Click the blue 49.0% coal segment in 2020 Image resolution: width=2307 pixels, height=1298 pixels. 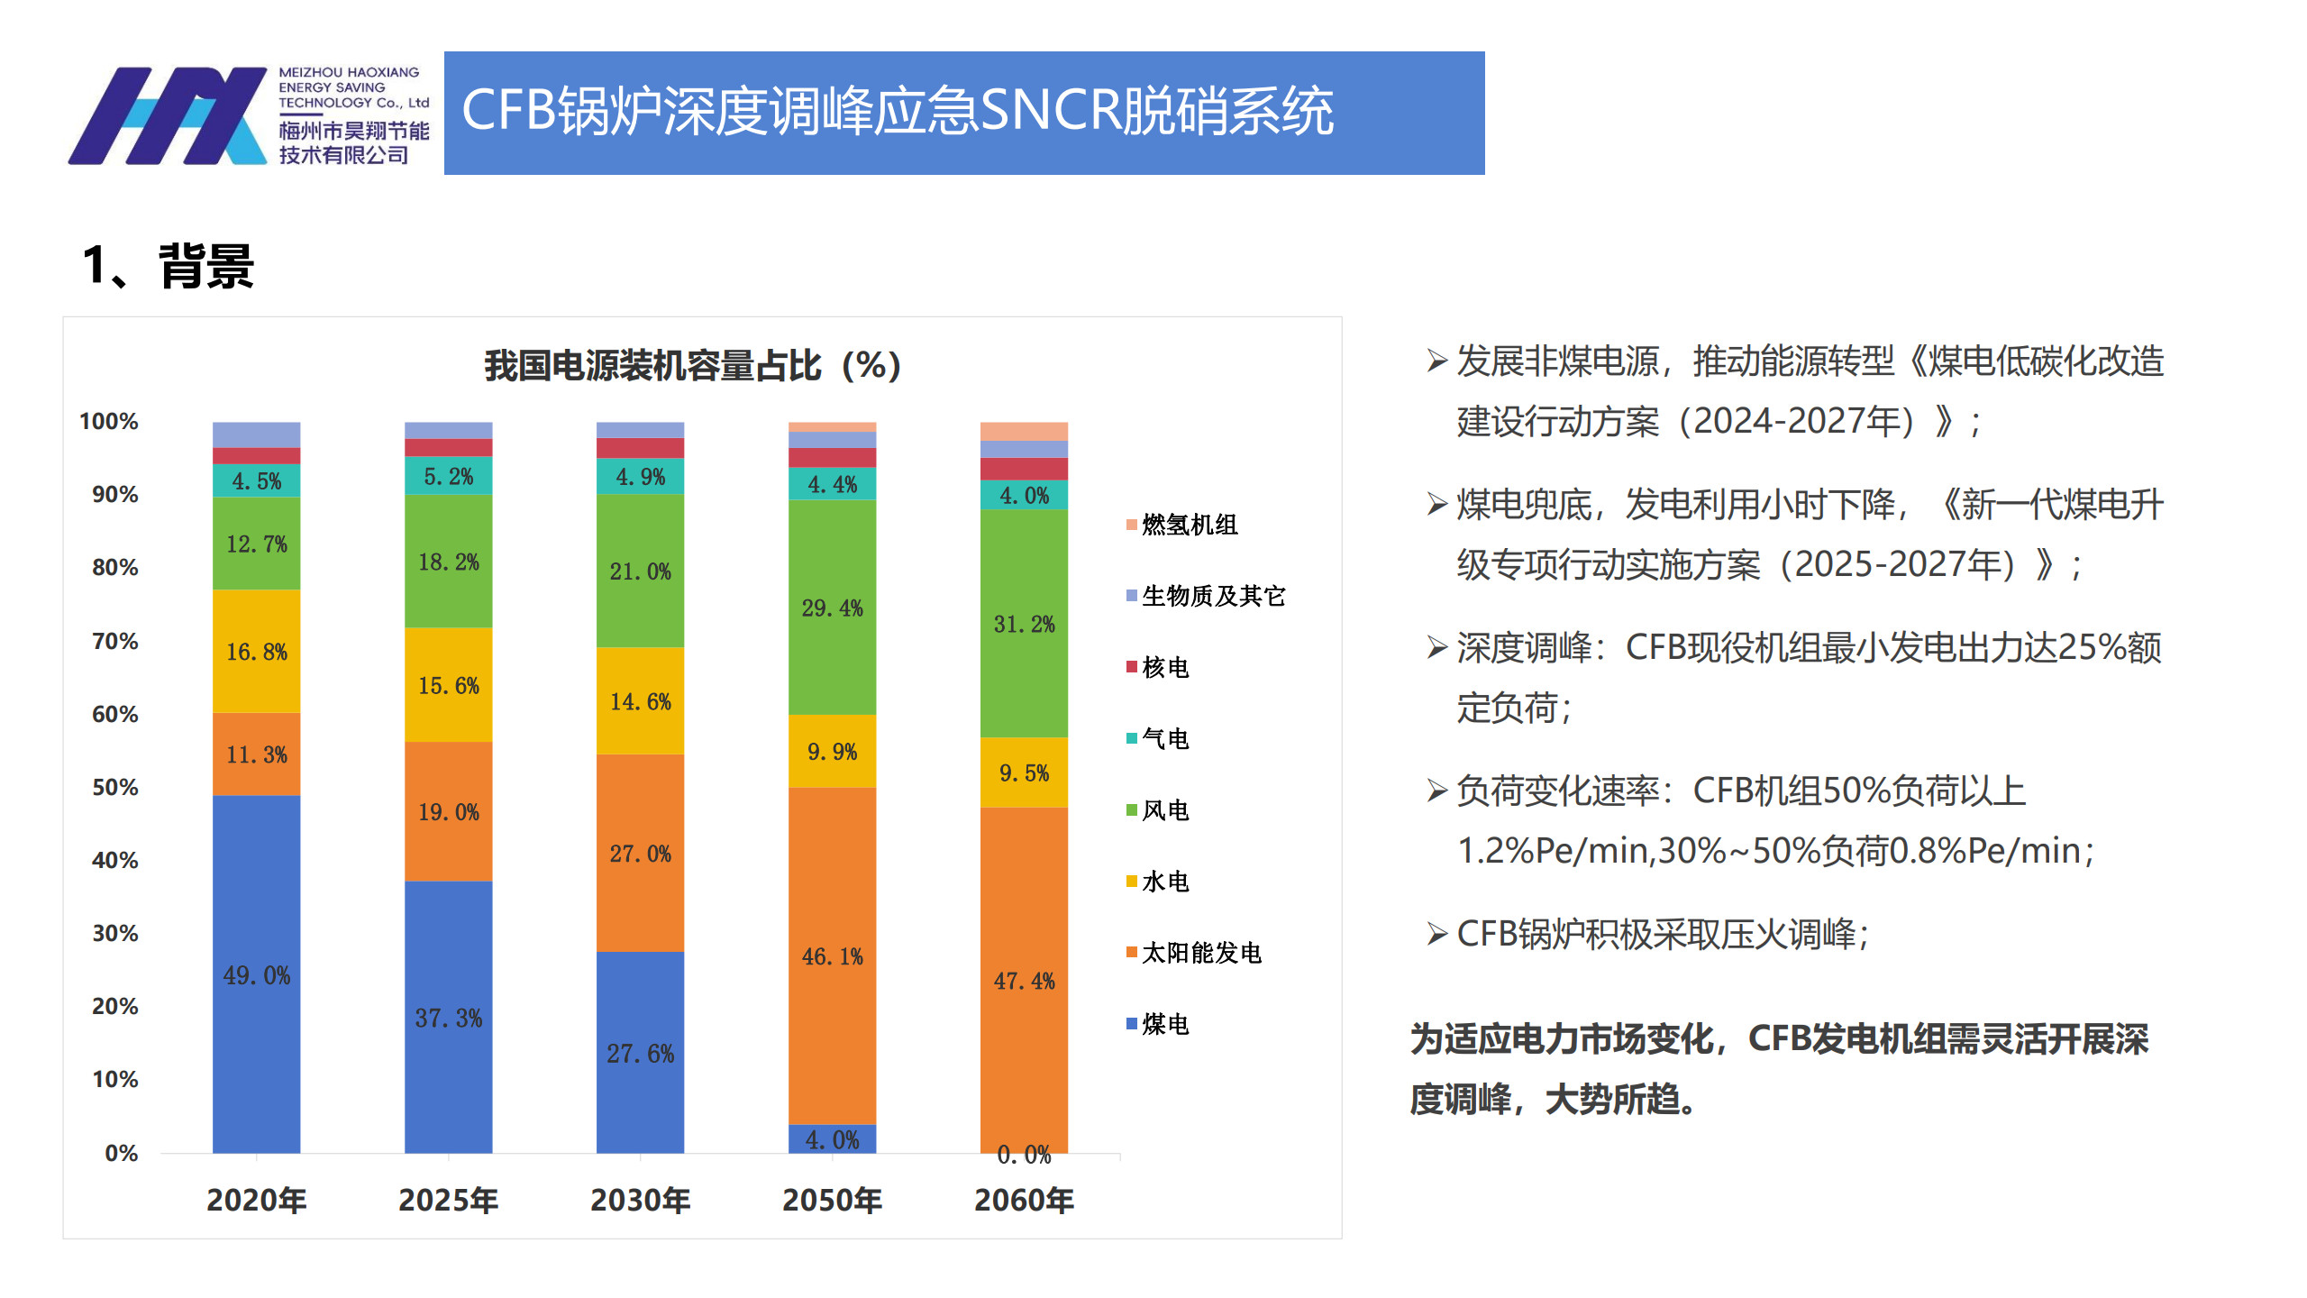pos(256,973)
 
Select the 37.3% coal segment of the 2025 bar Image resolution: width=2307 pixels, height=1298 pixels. pos(448,1017)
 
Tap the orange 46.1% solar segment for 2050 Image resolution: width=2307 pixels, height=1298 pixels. pos(832,955)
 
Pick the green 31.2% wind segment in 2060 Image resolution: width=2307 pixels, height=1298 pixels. pos(1024,624)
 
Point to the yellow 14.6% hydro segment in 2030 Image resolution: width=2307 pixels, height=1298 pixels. pos(640,701)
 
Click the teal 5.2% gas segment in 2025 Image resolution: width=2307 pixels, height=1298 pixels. pos(448,476)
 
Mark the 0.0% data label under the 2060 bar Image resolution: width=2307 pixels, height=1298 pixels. pos(1024,1155)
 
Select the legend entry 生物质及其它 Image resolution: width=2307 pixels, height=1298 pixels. pos(1212,596)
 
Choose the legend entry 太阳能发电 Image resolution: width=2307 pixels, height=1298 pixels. pos(1200,953)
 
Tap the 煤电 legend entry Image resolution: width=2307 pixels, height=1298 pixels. pos(1164,1024)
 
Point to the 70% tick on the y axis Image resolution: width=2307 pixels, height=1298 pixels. pos(115,642)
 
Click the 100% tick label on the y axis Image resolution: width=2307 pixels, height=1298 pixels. pos(109,422)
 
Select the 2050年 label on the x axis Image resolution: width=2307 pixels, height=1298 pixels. pos(832,1201)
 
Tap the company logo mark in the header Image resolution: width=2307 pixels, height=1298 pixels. pos(168,115)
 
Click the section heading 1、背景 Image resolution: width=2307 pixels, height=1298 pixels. pos(169,267)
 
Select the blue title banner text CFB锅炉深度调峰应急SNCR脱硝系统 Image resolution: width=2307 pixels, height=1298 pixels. pos(897,112)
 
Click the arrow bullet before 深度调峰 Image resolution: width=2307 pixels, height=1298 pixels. pos(1436,647)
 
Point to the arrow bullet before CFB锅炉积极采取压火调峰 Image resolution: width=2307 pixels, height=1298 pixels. pos(1436,934)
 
